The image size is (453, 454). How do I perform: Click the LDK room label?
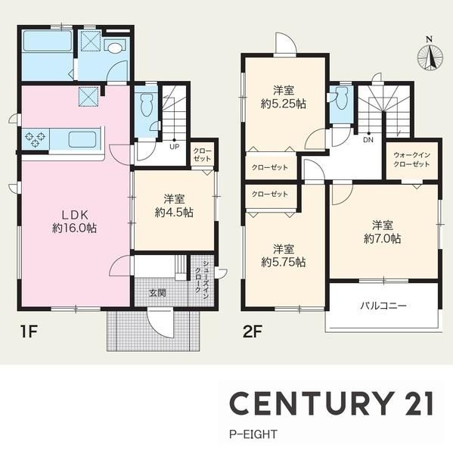point(75,222)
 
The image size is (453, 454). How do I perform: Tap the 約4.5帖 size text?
point(174,213)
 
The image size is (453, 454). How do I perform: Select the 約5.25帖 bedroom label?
point(284,104)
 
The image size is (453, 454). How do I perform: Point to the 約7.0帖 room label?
point(382,238)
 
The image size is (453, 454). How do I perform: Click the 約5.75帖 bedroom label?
point(284,263)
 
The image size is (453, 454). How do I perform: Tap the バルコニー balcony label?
point(383,306)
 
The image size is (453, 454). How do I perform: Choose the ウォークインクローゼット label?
point(411,160)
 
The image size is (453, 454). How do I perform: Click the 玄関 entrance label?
point(157,293)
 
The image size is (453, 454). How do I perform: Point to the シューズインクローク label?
point(201,276)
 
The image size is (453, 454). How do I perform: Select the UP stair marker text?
point(174,147)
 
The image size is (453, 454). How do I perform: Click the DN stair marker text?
point(368,140)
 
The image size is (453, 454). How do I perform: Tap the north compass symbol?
point(430,55)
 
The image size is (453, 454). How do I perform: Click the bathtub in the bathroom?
point(47,41)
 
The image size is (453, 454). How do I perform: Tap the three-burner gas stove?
point(36,139)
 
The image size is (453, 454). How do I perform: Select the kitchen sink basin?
point(82,139)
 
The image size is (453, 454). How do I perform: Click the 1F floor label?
point(29,332)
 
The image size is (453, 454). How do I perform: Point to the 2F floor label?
point(253,332)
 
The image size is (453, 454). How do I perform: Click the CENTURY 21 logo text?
point(332,403)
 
